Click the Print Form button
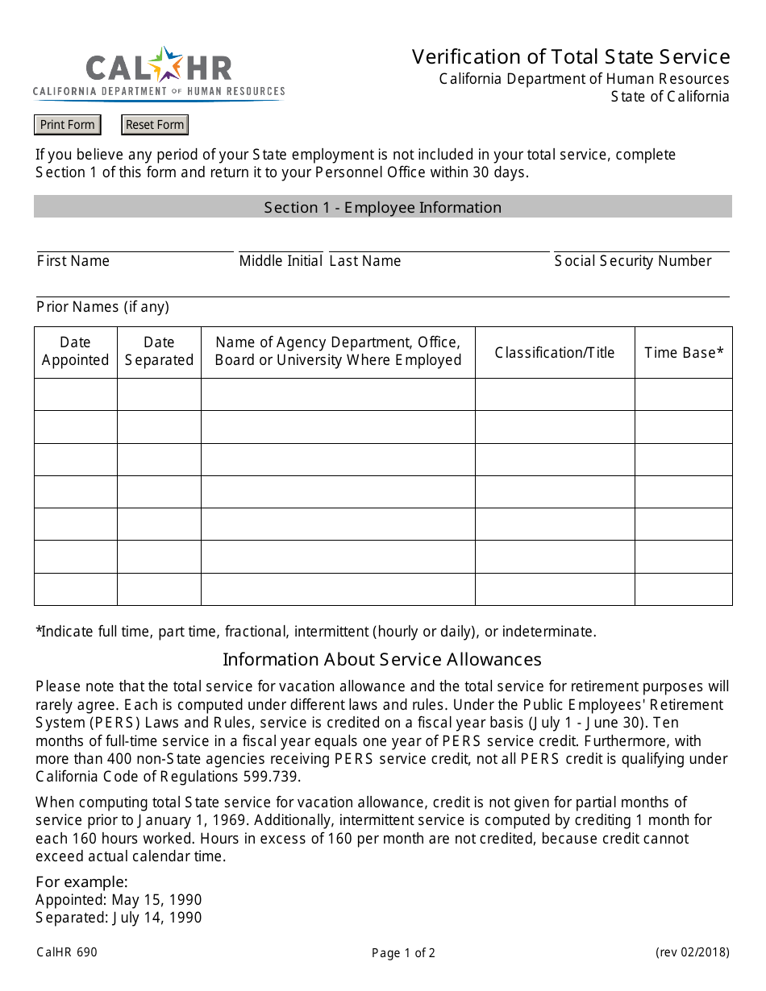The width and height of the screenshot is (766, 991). pos(68,125)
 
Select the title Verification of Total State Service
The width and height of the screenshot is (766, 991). pos(571,56)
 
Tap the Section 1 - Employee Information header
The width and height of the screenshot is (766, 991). pos(382,207)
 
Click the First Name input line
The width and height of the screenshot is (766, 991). pos(135,245)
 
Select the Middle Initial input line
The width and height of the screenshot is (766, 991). pos(281,245)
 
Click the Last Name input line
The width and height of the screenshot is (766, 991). pos(439,245)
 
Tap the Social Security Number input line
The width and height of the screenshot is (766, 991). pos(641,245)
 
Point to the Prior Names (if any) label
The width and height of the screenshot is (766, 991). pos(102,307)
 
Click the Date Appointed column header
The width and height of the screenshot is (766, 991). pos(76,351)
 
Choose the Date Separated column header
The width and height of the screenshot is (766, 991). pos(159,351)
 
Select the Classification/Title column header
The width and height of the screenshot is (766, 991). pos(555,352)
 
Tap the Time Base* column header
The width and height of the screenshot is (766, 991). pos(684,352)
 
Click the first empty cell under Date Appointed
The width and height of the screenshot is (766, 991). pos(76,395)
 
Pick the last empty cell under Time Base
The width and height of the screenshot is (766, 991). pos(684,589)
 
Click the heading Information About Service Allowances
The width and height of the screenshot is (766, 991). pos(382,659)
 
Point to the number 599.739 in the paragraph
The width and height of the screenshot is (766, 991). pos(272,777)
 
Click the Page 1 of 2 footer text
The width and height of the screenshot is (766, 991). pos(403,953)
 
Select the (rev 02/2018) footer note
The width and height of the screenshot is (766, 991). pos(692,952)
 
